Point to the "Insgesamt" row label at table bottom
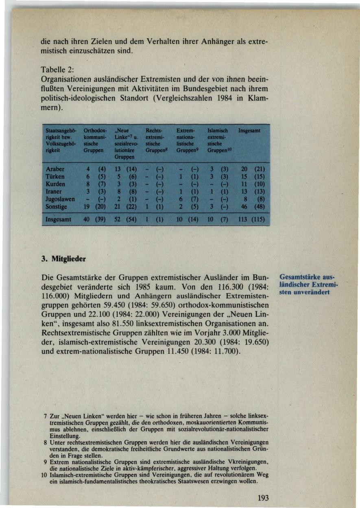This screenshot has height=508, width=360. pyautogui.click(x=59, y=219)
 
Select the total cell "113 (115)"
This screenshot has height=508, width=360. pyautogui.click(x=253, y=220)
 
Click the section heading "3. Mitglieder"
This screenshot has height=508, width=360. pyautogui.click(x=64, y=258)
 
